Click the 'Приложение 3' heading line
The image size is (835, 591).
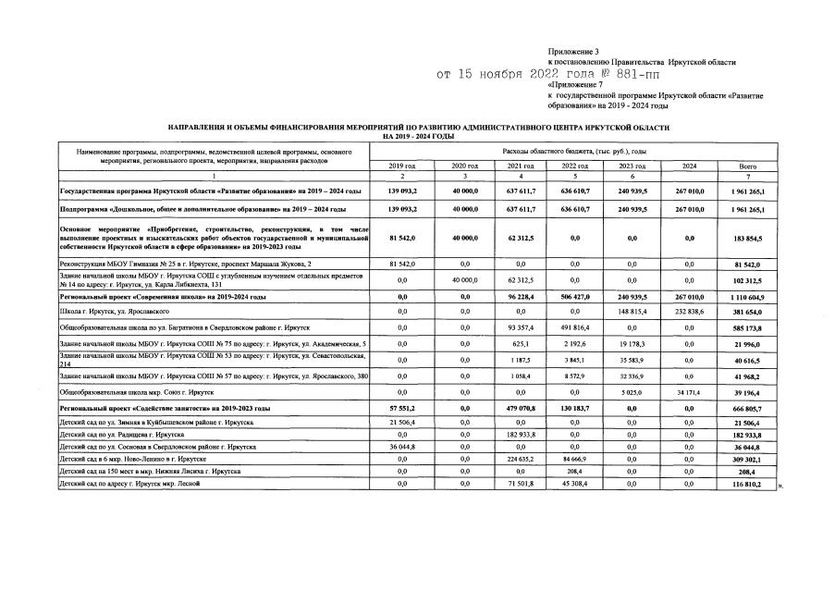573,51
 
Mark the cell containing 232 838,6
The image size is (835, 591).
690,312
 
